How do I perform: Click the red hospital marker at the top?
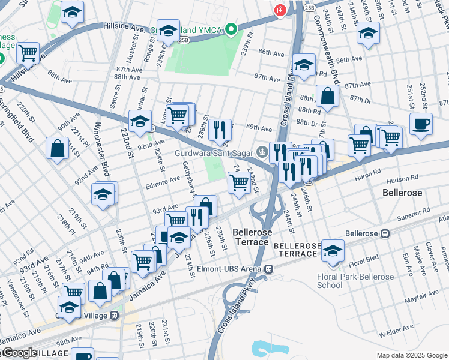point(279,10)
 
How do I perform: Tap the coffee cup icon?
point(421,124)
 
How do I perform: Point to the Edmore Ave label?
point(163,179)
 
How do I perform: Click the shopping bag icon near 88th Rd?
point(328,96)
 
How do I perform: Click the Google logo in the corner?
point(19,353)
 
